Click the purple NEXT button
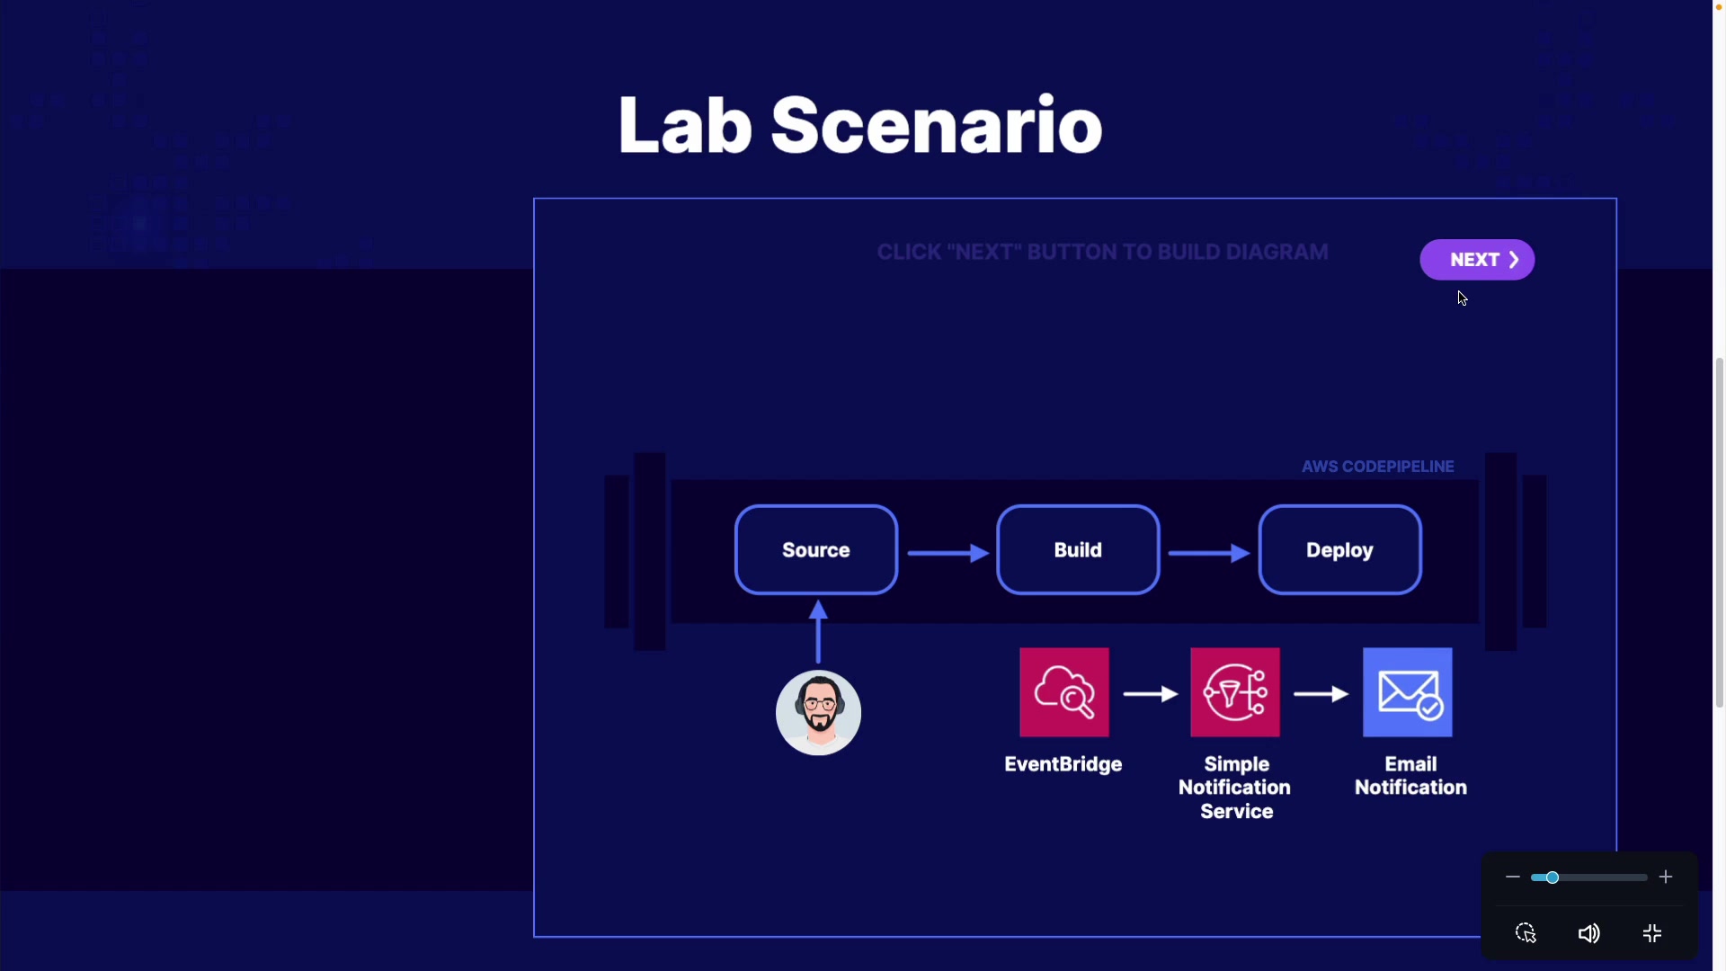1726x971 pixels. [1476, 260]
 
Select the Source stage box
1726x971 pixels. [815, 550]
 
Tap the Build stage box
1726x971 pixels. [1077, 550]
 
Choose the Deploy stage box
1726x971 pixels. [1339, 550]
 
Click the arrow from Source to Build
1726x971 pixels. [948, 553]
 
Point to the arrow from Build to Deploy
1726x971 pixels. [1208, 553]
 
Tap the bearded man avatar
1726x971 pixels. [818, 713]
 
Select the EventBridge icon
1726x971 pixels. [1063, 692]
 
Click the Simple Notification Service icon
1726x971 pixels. [1234, 692]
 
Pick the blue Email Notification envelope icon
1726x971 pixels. [1407, 692]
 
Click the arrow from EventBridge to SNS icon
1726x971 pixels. [1150, 694]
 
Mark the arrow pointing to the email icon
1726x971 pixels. [1321, 694]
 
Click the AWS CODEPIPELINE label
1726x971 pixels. [1377, 467]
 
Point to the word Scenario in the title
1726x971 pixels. [936, 125]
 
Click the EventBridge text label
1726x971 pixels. [1063, 764]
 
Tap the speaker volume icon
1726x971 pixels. [1588, 933]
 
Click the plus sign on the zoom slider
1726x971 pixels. [1666, 877]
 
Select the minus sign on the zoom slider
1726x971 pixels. [1512, 877]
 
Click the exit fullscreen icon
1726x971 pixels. [1652, 933]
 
